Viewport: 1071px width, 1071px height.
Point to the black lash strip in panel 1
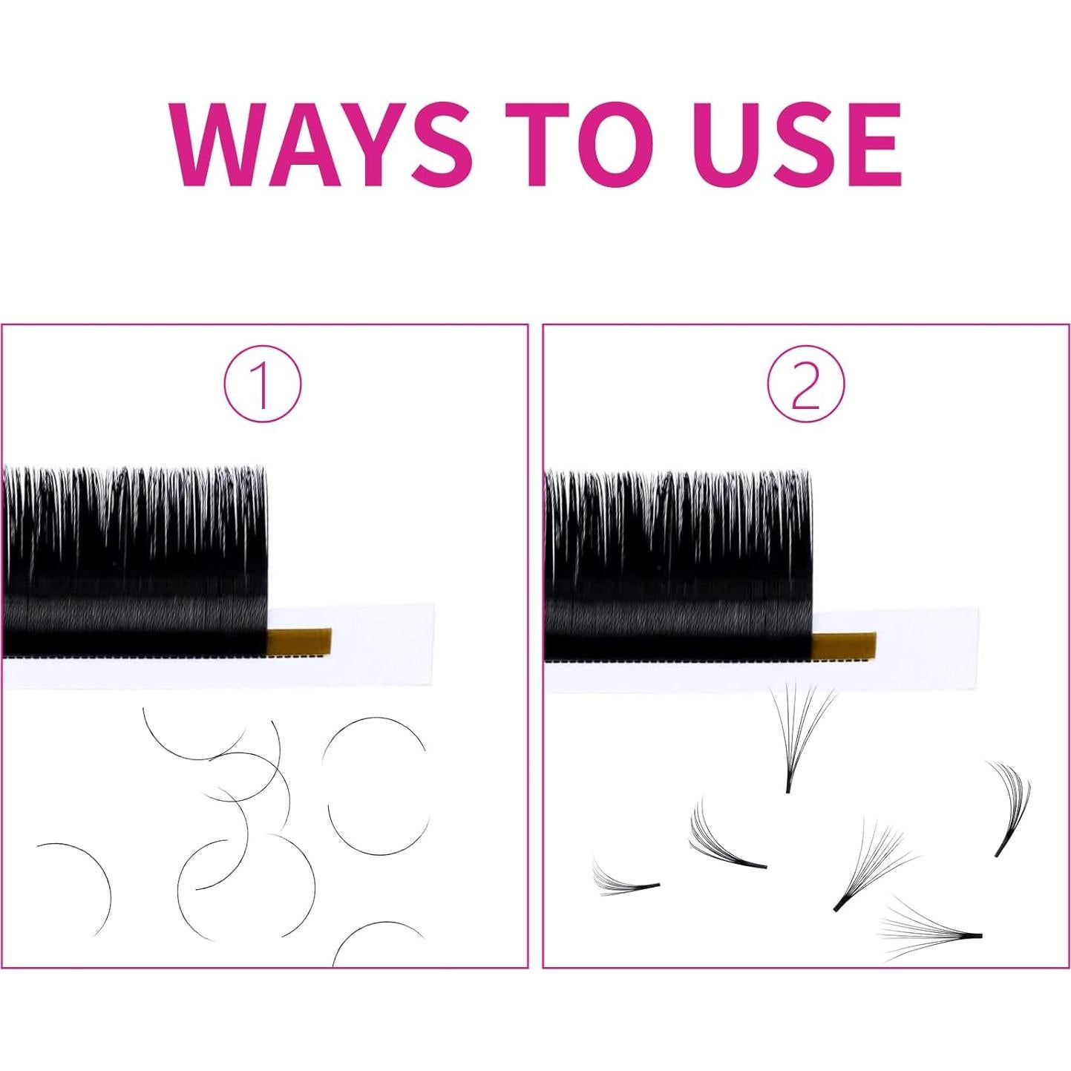point(134,564)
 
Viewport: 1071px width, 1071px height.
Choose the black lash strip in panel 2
point(677,568)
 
